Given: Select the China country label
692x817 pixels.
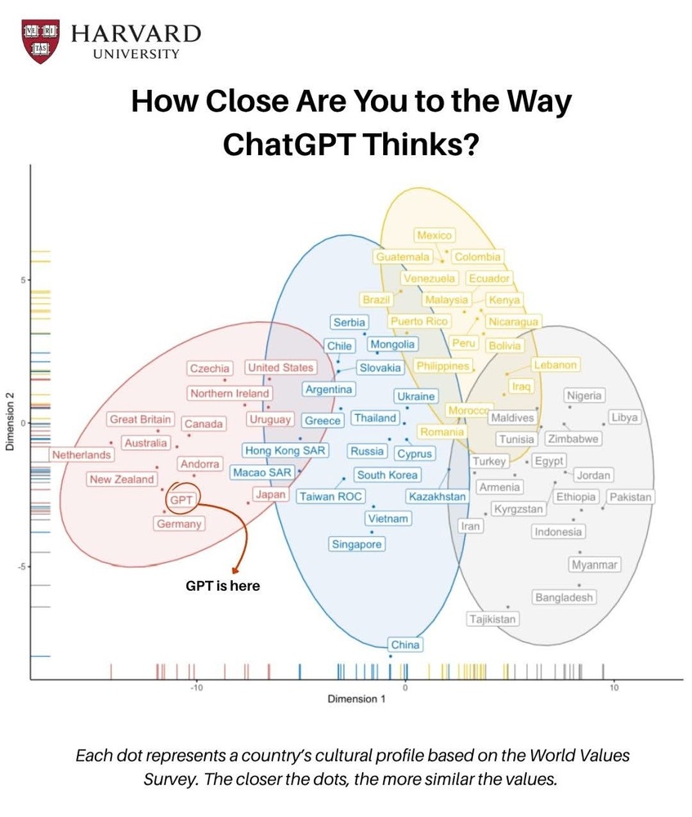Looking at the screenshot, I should pos(404,645).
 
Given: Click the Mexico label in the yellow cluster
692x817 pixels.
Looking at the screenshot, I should pos(434,235).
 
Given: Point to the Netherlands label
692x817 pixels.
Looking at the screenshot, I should pos(82,454).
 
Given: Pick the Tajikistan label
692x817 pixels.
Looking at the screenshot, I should pos(493,618).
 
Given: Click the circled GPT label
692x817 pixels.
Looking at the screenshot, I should pos(181,499).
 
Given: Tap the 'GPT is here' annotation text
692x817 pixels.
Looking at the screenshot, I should pos(223,585).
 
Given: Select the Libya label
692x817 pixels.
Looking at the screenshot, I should pos(624,417).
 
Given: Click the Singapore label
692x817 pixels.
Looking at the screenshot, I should pos(356,544).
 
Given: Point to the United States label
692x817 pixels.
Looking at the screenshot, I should pos(280,368).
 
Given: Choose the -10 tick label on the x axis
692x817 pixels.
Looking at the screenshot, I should pos(196,688).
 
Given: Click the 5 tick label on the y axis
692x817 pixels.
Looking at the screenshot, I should pos(23,280).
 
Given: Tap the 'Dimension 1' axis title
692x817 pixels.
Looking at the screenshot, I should pos(356,699).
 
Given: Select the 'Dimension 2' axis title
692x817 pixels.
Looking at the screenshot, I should pos(10,422).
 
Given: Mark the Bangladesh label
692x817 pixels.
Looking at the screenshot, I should pos(564,597).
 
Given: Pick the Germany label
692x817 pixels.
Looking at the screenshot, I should pos(178,524).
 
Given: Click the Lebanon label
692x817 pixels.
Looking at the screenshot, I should pos(556,365).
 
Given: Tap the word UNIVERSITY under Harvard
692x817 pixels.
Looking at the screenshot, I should pos(136,54).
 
